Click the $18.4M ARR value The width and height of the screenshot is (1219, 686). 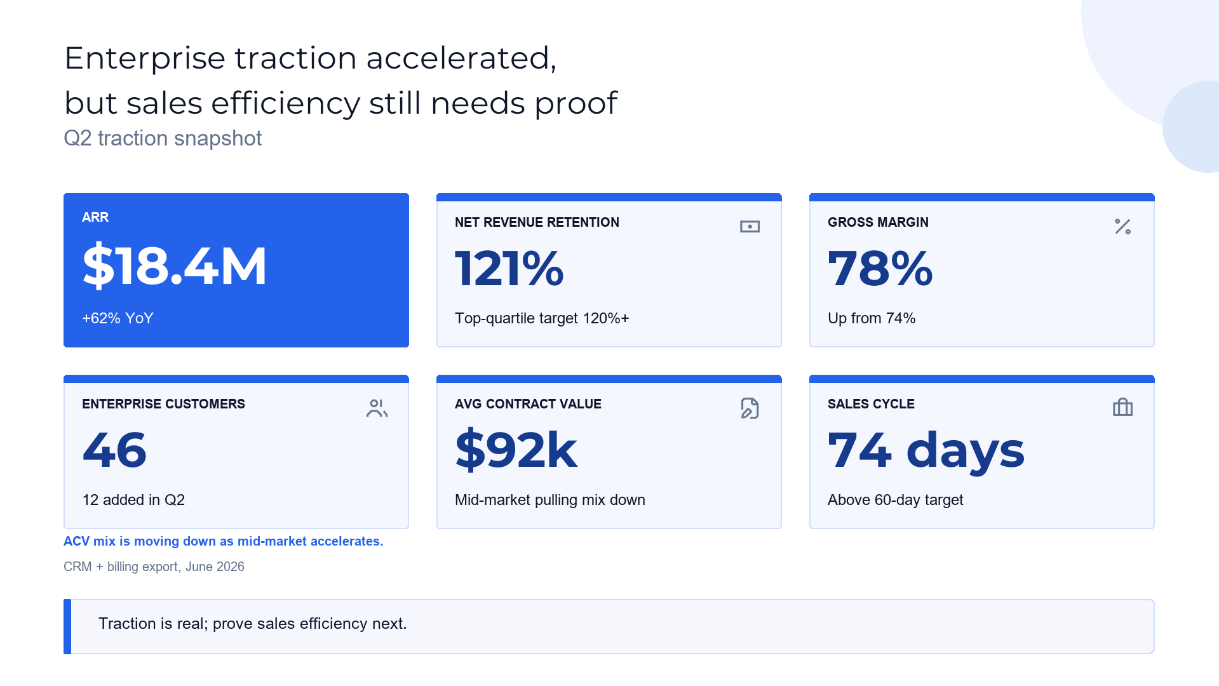click(175, 266)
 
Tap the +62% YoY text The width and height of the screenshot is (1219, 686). click(118, 318)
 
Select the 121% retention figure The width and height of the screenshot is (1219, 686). click(509, 268)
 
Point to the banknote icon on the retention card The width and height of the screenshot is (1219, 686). click(750, 227)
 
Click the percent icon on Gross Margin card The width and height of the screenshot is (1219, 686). click(1122, 227)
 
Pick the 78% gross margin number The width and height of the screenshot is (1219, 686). click(880, 268)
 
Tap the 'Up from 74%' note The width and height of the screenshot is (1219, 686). click(872, 318)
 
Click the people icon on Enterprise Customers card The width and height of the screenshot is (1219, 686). click(377, 408)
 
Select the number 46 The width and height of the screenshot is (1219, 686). click(114, 450)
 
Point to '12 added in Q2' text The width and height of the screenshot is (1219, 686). click(133, 500)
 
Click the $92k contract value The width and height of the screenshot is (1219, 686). click(516, 450)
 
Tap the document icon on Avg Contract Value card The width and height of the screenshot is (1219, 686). click(750, 408)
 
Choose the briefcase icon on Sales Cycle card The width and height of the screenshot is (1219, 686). click(1122, 407)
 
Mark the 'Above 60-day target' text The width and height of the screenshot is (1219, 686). click(896, 501)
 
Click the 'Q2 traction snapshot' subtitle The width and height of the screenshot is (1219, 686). click(163, 138)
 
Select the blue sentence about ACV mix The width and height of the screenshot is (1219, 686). click(224, 541)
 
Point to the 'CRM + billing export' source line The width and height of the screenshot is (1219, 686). click(154, 567)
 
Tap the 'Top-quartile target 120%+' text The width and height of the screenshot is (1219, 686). click(542, 318)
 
